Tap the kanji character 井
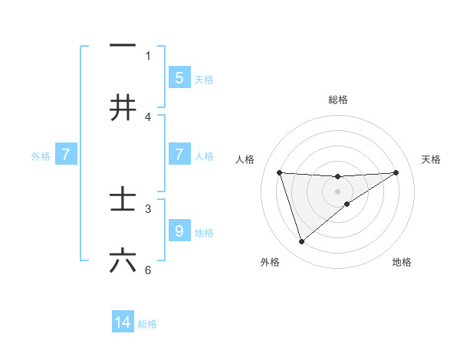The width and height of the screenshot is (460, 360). point(123,107)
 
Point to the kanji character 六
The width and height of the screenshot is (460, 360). point(123,260)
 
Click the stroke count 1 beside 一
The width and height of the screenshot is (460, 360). point(149,55)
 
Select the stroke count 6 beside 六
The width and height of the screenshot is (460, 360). point(149,270)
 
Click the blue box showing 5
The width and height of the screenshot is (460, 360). point(179,77)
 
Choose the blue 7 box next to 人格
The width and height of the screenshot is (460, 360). point(179,155)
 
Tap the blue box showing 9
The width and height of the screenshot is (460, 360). point(179,231)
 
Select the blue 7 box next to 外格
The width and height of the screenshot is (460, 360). point(66,155)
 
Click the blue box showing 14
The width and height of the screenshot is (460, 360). point(123,322)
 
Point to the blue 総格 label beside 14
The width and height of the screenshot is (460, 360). point(147,324)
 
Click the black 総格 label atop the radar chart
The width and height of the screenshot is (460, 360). point(338,100)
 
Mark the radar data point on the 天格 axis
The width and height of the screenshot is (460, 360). point(396,172)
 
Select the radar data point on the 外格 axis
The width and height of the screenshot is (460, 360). point(301,242)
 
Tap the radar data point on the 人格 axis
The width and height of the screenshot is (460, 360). point(279,172)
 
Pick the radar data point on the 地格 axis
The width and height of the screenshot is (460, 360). point(347,204)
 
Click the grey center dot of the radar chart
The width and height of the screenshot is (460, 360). point(338,191)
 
